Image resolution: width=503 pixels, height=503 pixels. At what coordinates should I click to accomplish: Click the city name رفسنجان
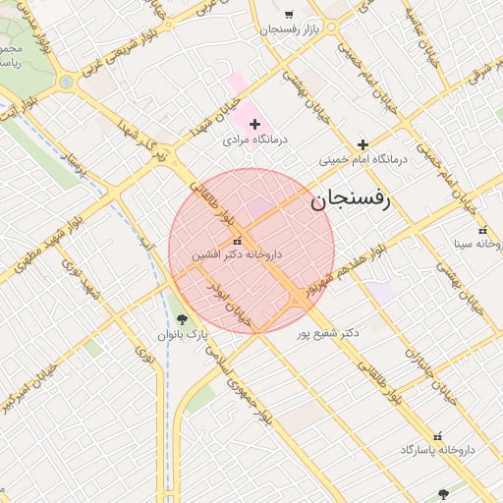pos(351,200)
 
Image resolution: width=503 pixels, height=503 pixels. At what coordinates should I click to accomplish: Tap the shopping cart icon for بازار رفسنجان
pos(289,15)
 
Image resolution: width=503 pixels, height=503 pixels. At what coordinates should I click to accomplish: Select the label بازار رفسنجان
pos(292,30)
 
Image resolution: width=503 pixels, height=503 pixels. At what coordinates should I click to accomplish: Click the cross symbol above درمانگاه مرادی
pos(255,124)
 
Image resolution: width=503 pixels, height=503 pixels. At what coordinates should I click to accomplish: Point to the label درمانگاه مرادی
pos(255,140)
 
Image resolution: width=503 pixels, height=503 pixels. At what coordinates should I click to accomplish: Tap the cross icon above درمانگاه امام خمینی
pos(363,144)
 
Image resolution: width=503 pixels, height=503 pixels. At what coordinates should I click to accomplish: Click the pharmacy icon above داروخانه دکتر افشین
pos(237,241)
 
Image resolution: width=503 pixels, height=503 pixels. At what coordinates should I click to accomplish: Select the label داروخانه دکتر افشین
pos(237,254)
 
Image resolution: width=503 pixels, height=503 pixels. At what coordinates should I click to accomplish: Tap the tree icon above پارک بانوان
pos(182,319)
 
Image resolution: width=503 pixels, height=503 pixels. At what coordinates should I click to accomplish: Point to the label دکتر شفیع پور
pos(327,333)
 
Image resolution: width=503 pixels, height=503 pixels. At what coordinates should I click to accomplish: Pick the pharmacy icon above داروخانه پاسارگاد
pos(438,435)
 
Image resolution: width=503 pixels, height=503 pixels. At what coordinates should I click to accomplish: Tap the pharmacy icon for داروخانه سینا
pos(482,231)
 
